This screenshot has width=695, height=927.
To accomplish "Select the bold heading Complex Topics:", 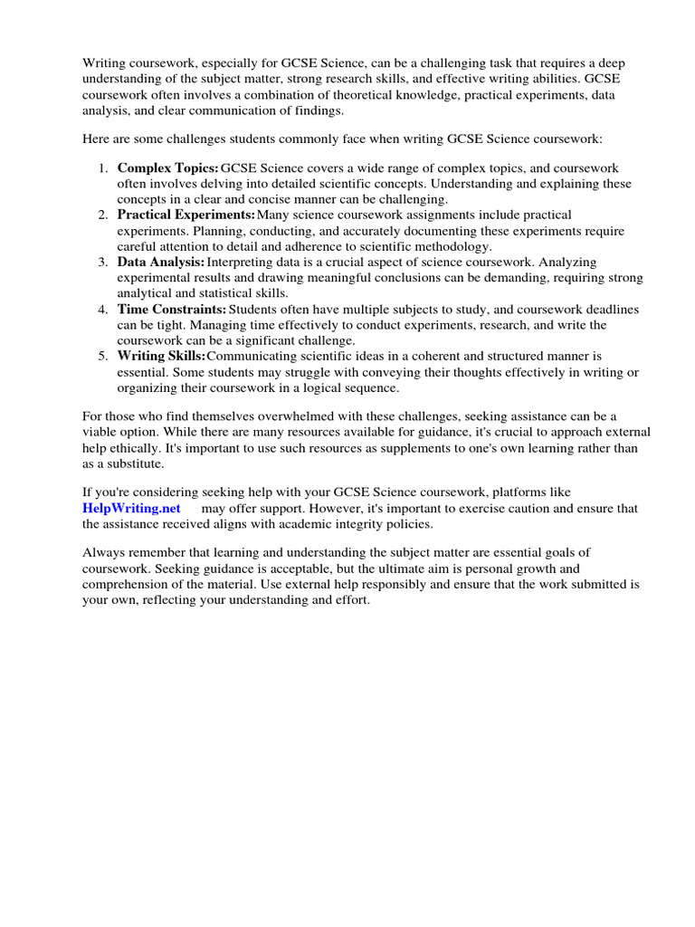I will click(x=168, y=168).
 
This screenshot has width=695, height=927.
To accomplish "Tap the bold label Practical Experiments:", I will click(x=186, y=215).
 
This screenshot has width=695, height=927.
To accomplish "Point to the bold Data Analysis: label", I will click(x=161, y=262).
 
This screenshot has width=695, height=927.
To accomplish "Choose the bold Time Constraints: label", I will click(x=172, y=309).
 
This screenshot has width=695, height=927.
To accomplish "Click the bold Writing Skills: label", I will click(x=161, y=356).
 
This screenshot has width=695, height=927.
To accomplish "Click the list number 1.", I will click(x=103, y=168).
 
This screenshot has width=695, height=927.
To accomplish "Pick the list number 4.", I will click(x=103, y=309).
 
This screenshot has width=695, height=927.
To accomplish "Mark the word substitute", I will click(x=134, y=463).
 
